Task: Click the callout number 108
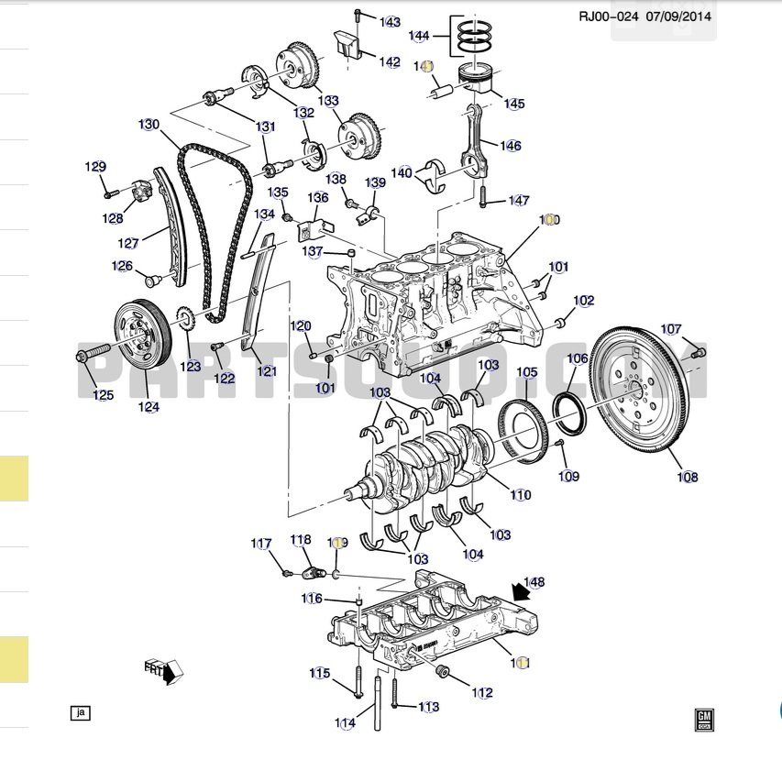tap(688, 477)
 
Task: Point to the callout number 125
tap(103, 395)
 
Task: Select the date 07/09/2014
tap(679, 16)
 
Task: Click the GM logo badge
tap(704, 719)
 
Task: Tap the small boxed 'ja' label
tap(81, 711)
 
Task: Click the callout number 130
tap(149, 125)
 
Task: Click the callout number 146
tap(511, 146)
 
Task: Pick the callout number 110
tap(520, 495)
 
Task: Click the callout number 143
tap(391, 22)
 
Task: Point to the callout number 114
tap(345, 723)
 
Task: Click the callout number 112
tap(482, 693)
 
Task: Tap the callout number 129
tap(95, 167)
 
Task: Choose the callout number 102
tap(584, 301)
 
